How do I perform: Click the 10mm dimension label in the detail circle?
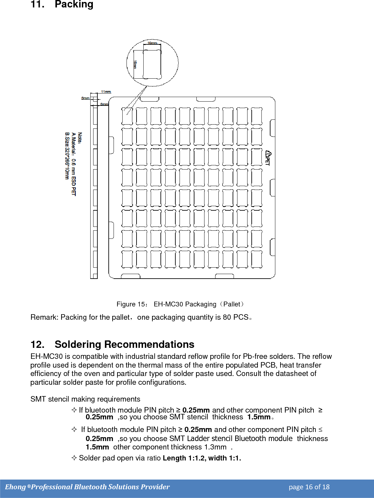point(152,43)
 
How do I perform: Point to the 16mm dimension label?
point(135,64)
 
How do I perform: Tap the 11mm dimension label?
point(106,92)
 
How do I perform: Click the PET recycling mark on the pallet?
point(268,158)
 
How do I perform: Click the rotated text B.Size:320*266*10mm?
point(67,156)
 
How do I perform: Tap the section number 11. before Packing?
point(37,5)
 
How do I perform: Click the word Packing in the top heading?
point(74,5)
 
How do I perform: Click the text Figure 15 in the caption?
point(131,304)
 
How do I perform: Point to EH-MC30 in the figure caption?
point(168,304)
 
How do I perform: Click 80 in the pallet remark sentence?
point(227,317)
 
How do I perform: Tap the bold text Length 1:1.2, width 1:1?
point(202,458)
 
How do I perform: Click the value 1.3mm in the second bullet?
point(215,447)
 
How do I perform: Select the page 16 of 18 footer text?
point(309,487)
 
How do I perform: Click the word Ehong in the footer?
point(15,487)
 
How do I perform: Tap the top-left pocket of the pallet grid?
point(127,116)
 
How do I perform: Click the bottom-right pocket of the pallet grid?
point(257,259)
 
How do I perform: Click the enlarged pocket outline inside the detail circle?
point(152,64)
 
